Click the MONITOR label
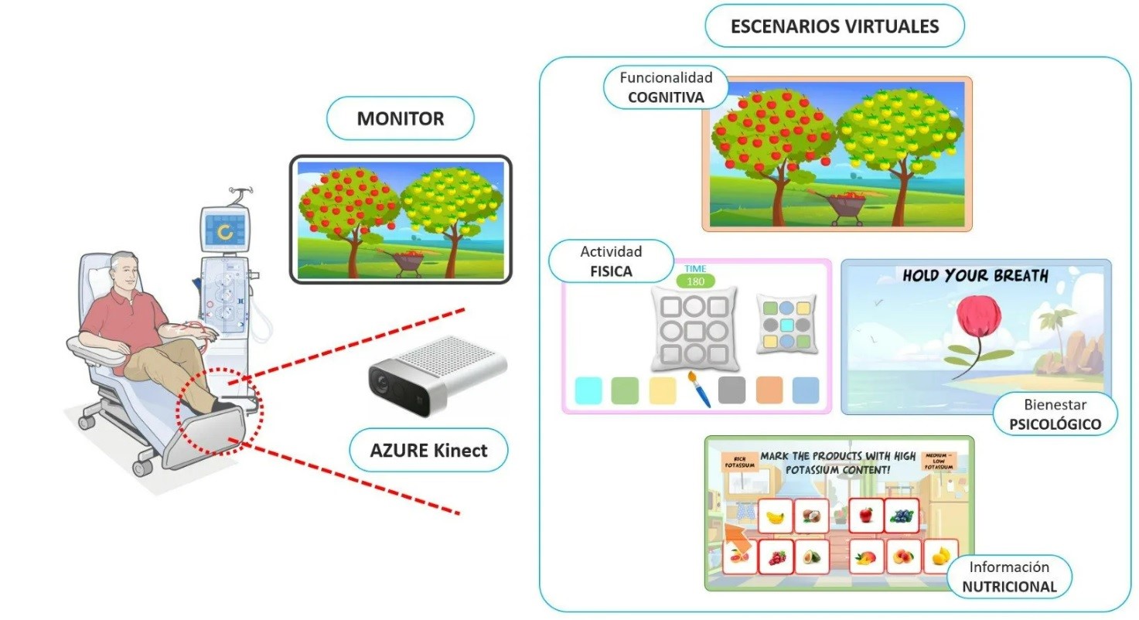point(400,119)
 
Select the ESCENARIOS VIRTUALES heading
point(834,26)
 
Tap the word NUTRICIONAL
point(1009,586)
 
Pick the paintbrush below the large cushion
point(698,389)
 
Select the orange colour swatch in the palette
point(769,390)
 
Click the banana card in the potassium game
point(776,516)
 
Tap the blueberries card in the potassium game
point(901,516)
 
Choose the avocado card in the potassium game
point(810,557)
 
